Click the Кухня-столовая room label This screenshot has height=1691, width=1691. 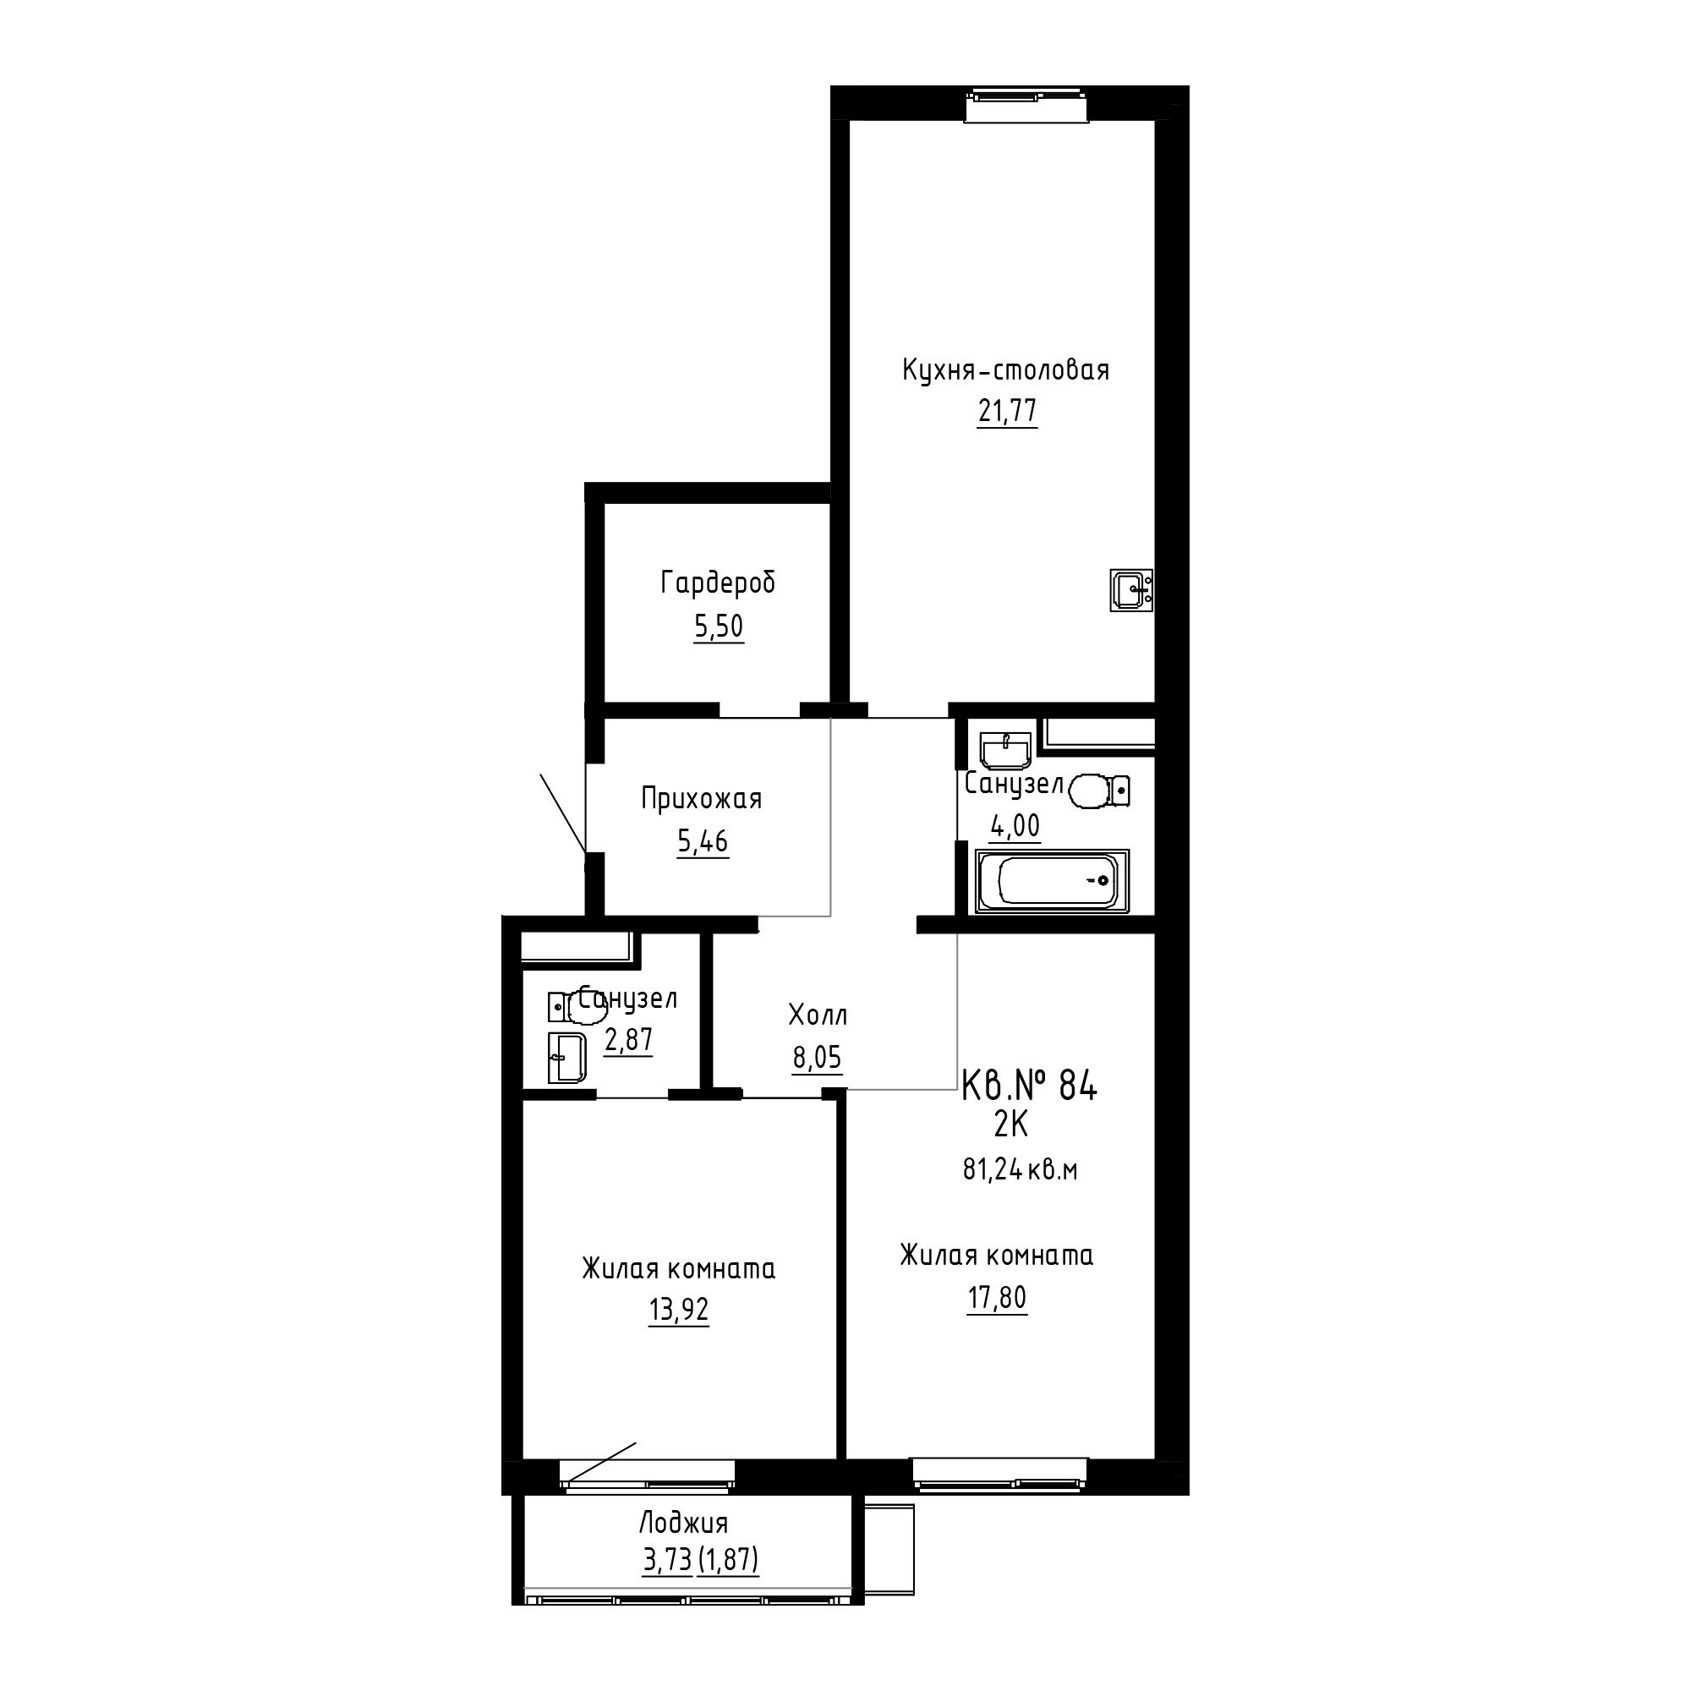[1005, 371]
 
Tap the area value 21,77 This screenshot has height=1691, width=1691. [1008, 411]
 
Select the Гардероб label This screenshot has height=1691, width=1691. [718, 583]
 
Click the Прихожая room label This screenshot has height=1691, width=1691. [701, 799]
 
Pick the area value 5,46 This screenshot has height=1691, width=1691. [703, 842]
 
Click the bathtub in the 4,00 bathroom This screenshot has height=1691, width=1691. [1052, 880]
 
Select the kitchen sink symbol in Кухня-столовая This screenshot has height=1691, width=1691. [1130, 590]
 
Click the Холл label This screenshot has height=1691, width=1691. [818, 1016]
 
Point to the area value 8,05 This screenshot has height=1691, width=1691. [818, 1059]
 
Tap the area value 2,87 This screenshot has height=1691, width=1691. [628, 1041]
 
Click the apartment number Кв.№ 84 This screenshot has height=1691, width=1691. [1028, 1086]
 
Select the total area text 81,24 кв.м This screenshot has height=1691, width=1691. [1020, 1170]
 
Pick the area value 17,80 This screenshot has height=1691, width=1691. [997, 1297]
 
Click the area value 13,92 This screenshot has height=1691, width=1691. [678, 1311]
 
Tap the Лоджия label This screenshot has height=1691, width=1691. [682, 1524]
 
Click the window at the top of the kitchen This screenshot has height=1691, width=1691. [1027, 105]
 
